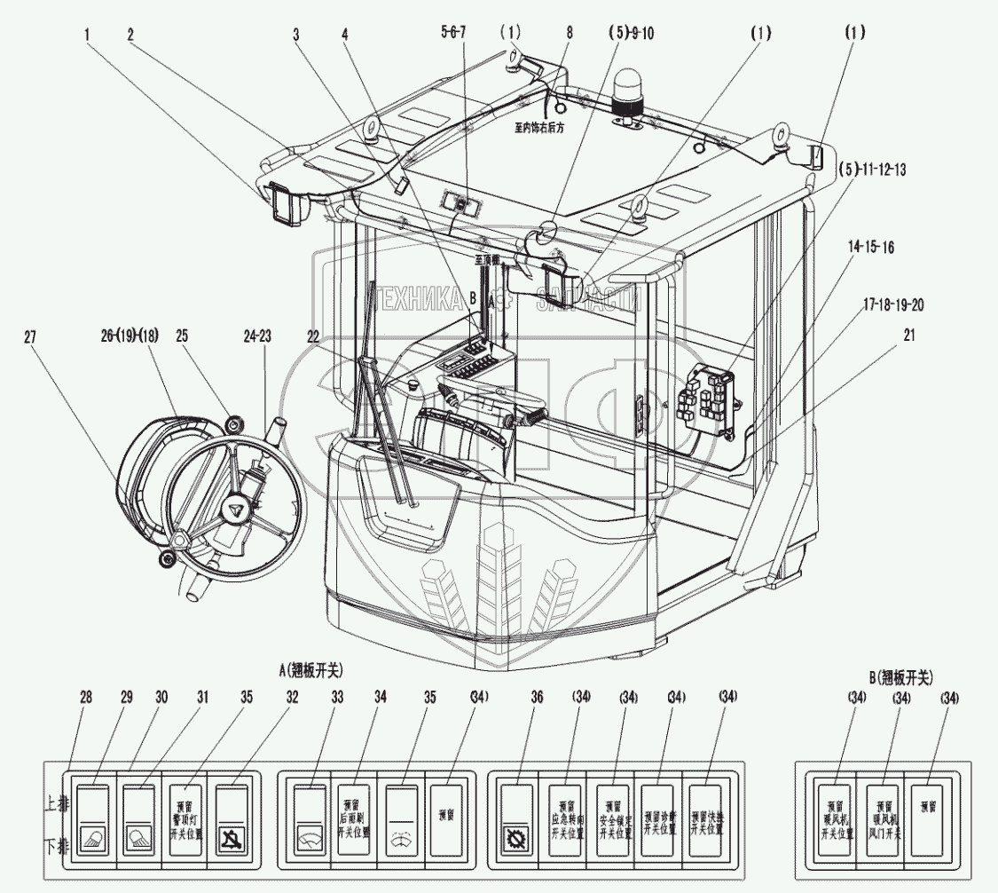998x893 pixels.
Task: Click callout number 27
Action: tap(31, 336)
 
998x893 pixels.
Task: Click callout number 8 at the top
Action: tap(569, 32)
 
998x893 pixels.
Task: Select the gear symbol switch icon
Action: tap(515, 837)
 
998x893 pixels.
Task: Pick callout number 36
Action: tap(536, 699)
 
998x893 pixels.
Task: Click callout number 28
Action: tap(85, 699)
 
